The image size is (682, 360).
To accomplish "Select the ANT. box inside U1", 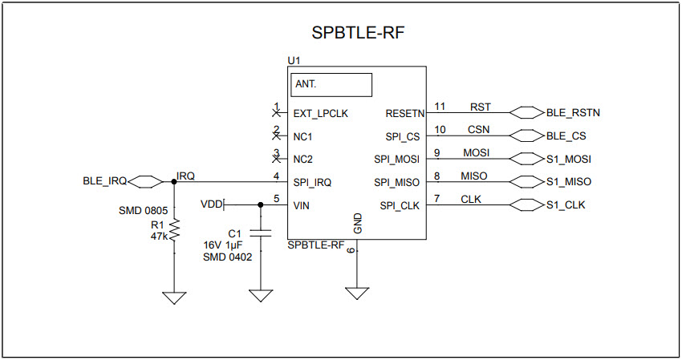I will click(332, 84).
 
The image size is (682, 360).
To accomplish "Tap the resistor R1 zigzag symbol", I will click(174, 232).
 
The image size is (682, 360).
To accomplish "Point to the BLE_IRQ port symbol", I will click(145, 181).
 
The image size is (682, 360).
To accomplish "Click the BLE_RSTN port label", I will click(573, 113).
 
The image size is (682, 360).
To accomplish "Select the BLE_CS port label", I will click(566, 136).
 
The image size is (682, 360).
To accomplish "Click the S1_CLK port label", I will click(566, 205).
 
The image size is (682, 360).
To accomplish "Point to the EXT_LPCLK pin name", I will click(320, 113).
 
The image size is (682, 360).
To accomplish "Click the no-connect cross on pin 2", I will click(276, 136).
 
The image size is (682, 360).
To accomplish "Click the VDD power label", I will click(211, 204).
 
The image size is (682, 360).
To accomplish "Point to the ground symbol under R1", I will click(174, 297).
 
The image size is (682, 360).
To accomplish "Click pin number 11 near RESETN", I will click(439, 106).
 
